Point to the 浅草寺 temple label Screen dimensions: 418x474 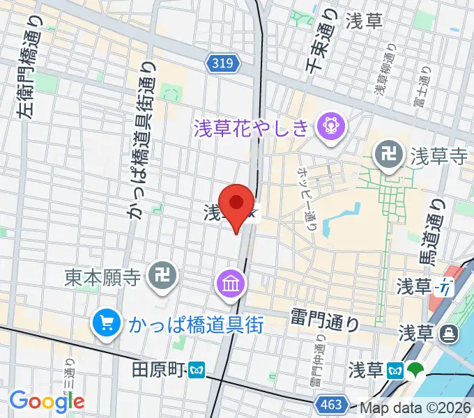tap(438, 157)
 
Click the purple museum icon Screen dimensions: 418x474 tap(229, 284)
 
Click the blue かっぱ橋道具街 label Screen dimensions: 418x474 tap(194, 325)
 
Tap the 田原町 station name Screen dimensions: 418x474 tap(158, 369)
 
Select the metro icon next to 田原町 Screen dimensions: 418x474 tap(199, 369)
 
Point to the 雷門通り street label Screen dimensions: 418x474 tap(327, 322)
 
